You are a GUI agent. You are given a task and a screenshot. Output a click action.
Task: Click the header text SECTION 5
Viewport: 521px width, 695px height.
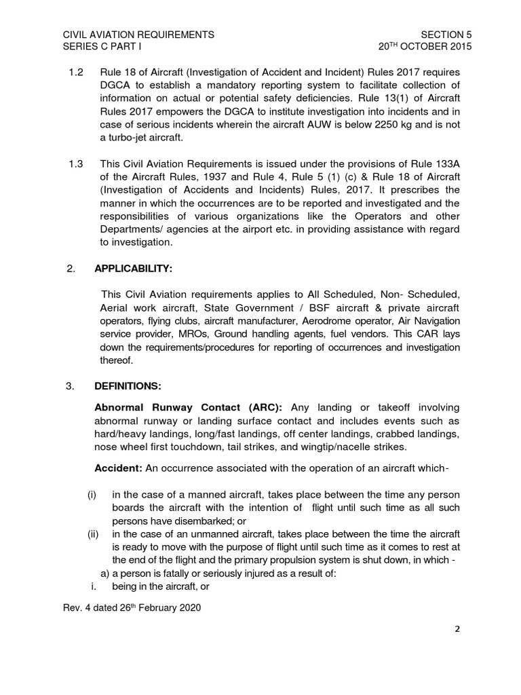(446, 34)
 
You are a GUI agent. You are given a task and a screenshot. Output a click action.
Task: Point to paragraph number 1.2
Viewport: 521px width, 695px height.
(76, 71)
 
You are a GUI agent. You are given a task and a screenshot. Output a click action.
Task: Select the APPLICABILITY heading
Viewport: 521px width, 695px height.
(133, 269)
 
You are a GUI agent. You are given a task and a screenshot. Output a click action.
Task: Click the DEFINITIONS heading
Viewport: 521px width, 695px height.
(128, 386)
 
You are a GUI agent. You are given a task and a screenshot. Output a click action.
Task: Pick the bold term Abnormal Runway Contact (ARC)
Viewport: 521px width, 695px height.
(191, 407)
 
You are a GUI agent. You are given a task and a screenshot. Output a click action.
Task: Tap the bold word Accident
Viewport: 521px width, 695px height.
(117, 468)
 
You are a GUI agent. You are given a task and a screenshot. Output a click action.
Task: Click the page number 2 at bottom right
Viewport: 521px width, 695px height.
(457, 629)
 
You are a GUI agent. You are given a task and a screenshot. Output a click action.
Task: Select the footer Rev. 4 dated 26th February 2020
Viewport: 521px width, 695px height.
(131, 607)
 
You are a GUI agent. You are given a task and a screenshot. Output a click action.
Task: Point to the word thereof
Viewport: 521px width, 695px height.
(115, 360)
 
